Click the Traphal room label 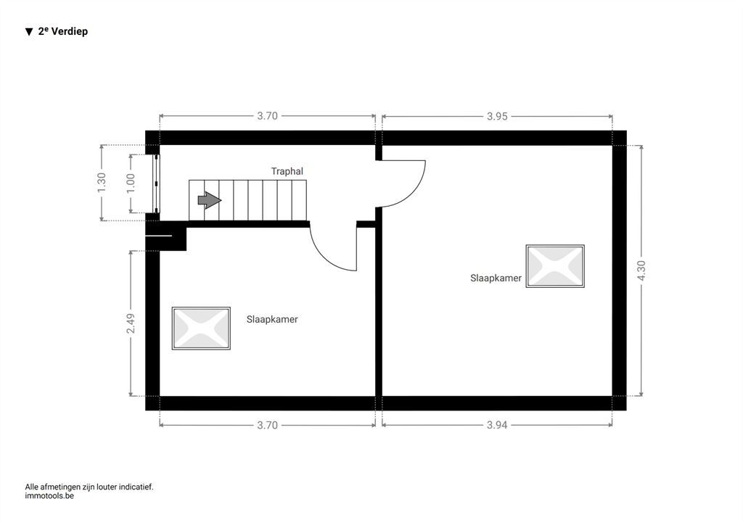point(287,171)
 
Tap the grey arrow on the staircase point(210,200)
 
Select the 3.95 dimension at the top point(497,116)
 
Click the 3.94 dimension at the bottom point(497,425)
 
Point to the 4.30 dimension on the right point(641,270)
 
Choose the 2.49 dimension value point(131,323)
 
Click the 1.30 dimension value point(102,183)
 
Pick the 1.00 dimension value point(131,183)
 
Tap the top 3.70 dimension point(267,116)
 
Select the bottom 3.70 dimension point(267,425)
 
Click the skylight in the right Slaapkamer point(555,266)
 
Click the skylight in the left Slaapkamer point(201,328)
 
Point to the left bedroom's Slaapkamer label point(272,320)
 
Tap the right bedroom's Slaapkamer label point(496,278)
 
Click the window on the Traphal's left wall point(156,183)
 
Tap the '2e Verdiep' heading point(63,31)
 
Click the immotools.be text point(49,496)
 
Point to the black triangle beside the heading point(29,32)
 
